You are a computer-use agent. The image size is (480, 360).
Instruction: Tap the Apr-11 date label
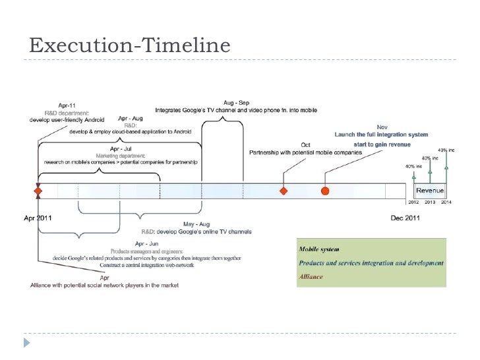67,105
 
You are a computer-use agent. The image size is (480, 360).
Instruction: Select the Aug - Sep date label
236,103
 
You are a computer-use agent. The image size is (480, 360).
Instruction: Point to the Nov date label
382,127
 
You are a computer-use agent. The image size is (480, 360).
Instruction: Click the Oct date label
305,145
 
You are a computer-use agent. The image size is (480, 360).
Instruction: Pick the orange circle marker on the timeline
325,191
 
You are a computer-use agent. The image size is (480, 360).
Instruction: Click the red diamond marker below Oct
284,191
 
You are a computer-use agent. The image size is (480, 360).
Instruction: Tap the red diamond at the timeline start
38,191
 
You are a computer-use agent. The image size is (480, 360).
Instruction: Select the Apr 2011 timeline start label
38,218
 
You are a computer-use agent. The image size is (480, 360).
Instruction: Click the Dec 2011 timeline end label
405,218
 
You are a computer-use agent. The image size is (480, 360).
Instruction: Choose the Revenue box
429,191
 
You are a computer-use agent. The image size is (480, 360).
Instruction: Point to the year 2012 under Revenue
414,202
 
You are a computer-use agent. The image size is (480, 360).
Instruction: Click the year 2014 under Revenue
446,202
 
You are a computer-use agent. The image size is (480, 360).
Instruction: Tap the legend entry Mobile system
319,249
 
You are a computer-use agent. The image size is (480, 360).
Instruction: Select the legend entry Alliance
311,277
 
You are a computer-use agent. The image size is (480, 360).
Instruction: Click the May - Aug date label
196,224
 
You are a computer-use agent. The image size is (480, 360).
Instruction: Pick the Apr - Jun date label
146,243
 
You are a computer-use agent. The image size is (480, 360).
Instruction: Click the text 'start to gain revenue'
382,144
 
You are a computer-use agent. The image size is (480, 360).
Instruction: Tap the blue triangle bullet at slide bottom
27,343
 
